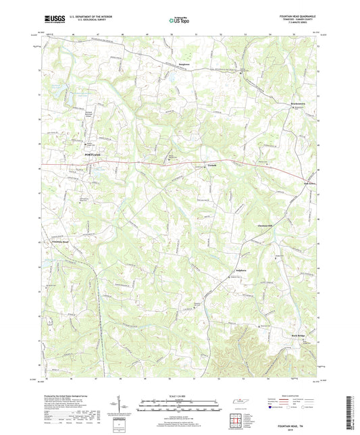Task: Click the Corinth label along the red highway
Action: click(192, 165)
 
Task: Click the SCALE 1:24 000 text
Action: click(180, 396)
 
